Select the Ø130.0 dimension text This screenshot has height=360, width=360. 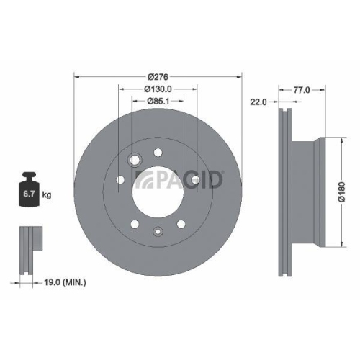[158, 89]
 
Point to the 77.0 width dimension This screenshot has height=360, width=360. [301, 90]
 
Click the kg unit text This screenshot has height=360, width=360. [47, 195]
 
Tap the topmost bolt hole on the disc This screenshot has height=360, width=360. [158, 152]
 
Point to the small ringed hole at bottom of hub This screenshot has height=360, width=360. [158, 232]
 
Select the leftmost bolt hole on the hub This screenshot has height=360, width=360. [120, 180]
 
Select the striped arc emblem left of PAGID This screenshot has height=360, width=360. [144, 181]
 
